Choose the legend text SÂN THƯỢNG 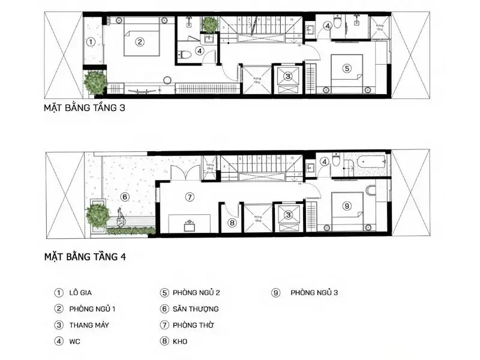point(196,309)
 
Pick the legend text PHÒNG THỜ point(193,325)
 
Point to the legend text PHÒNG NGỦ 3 point(314,293)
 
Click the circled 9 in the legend point(276,293)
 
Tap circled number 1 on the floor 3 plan point(90,42)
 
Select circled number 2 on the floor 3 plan point(139,42)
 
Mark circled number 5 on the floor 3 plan point(347,68)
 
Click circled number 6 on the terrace point(125,196)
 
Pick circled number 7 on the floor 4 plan point(189,196)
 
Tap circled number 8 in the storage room point(232,223)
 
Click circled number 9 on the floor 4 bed point(347,206)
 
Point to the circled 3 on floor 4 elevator point(289,215)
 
